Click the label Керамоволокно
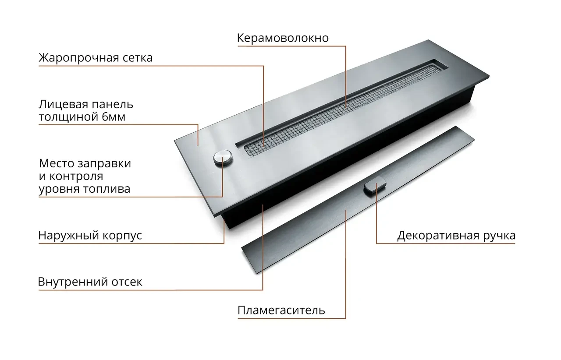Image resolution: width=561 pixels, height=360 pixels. (283, 38)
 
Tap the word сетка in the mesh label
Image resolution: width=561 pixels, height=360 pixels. (138, 58)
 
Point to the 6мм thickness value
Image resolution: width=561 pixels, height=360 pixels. (114, 117)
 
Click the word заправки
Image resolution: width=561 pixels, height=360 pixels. (104, 164)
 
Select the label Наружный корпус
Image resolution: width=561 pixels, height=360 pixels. (90, 236)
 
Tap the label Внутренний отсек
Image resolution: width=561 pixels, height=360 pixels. (90, 282)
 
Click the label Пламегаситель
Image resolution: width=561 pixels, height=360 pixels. (281, 311)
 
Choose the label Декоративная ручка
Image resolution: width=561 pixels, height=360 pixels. (456, 236)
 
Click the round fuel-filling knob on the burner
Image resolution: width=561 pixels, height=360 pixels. (223, 158)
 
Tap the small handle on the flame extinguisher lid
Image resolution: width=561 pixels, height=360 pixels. (375, 184)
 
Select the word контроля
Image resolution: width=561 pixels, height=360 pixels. (76, 176)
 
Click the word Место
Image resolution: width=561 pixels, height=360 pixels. (57, 163)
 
